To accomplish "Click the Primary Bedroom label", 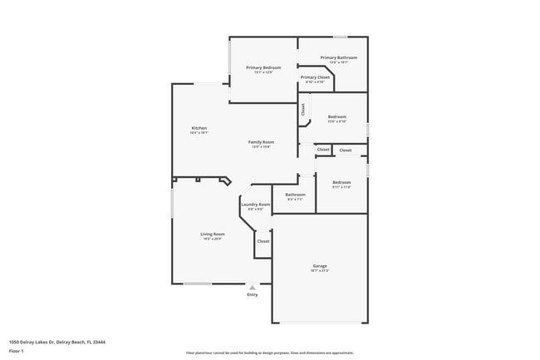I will click(x=263, y=67).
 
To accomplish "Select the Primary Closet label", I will click(x=315, y=77).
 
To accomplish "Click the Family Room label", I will click(x=261, y=142).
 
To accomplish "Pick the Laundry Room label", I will click(x=255, y=205).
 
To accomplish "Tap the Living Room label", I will click(x=213, y=234).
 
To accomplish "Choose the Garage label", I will click(x=320, y=266).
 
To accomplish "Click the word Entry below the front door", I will click(x=253, y=294).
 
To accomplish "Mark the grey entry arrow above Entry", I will click(x=253, y=287).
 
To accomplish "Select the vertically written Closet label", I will click(x=303, y=109).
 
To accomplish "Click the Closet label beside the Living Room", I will click(x=263, y=241).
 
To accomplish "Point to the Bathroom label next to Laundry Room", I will click(x=296, y=195).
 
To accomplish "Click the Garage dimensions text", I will click(x=320, y=271).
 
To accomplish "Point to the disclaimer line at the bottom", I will click(x=269, y=353).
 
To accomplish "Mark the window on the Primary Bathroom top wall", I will click(x=340, y=37).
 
